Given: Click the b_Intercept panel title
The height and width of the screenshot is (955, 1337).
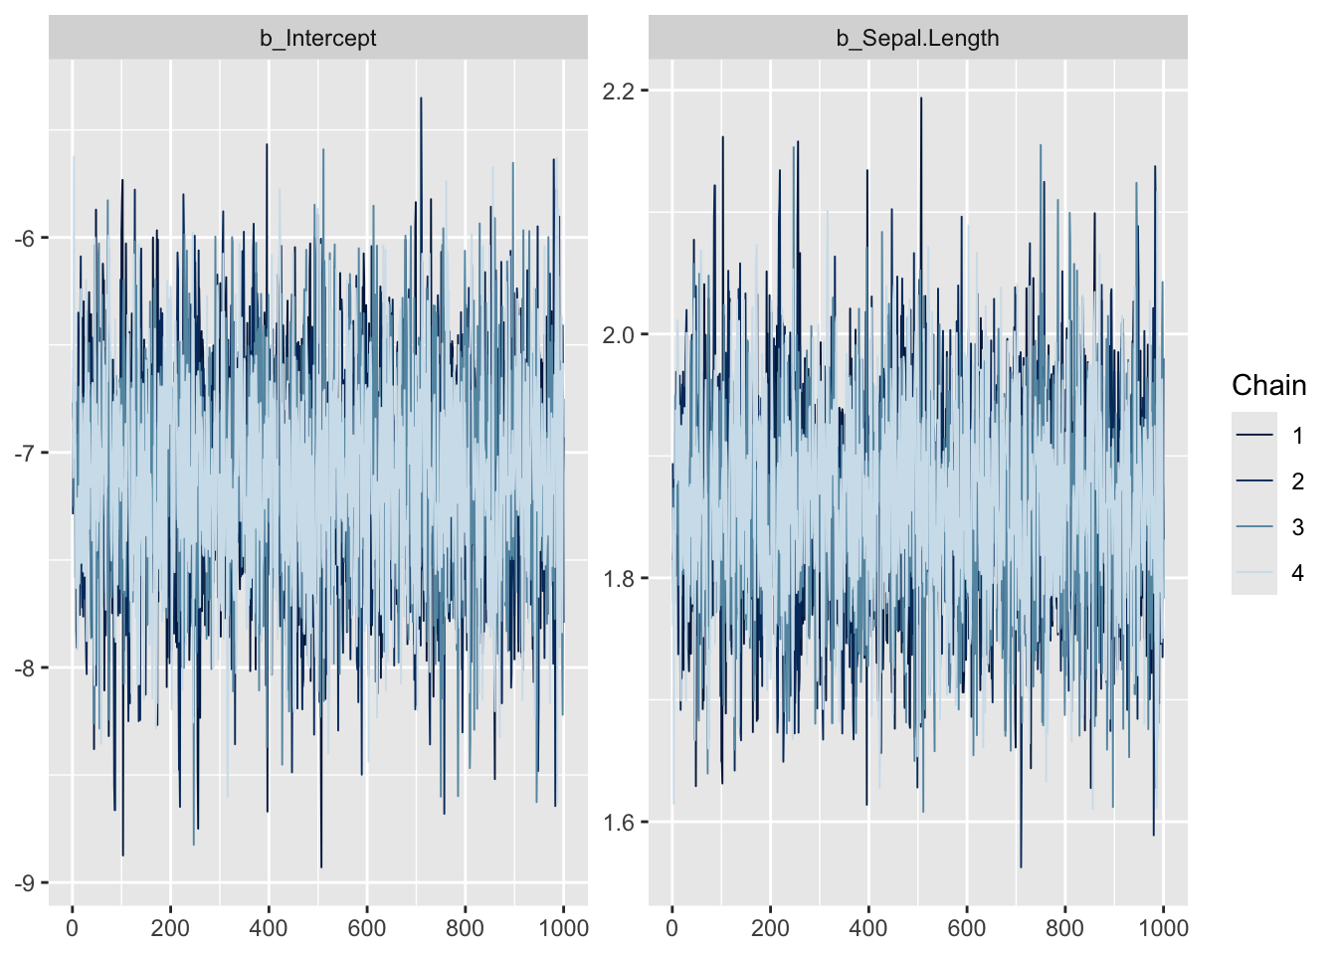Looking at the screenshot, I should pos(318,39).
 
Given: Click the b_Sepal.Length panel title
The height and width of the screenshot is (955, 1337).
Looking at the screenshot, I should pos(917,39).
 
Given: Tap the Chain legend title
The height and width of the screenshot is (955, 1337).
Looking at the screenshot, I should pos(1268,386).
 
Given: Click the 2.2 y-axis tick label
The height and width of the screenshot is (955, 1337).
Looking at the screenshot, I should pos(619,91).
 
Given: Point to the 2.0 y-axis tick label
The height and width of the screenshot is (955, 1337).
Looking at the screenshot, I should pos(619,334).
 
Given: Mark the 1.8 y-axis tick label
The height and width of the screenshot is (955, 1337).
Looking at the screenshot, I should pos(619,579).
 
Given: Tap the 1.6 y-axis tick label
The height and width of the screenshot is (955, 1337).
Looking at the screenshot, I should pos(619,823).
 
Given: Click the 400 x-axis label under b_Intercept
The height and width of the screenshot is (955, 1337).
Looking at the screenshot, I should pos(268,928).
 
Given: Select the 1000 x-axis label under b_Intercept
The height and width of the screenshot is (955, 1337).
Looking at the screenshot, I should pos(564,928).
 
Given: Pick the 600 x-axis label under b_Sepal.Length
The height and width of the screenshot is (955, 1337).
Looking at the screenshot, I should pos(966,928).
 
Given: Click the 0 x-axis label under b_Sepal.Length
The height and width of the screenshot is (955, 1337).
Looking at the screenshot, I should pos(672,928).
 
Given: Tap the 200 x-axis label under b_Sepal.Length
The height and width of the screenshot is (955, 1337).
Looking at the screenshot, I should pos(770,928).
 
